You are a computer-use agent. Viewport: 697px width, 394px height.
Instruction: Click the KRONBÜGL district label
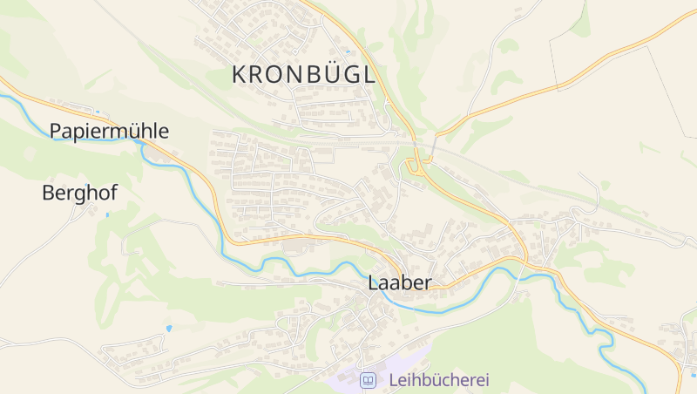click(304, 75)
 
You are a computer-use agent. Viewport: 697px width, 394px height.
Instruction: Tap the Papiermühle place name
click(109, 131)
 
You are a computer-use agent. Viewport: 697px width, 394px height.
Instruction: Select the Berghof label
click(79, 194)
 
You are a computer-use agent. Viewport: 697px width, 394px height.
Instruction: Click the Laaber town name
click(400, 283)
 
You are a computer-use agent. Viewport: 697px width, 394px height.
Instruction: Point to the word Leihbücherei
click(439, 380)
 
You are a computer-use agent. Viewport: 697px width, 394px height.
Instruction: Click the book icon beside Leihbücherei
click(369, 380)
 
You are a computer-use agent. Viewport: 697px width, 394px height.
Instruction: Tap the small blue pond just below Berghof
click(107, 214)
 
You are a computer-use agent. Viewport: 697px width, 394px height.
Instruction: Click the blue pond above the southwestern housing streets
click(169, 329)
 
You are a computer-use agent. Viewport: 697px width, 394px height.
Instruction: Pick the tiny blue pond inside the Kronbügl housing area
click(347, 51)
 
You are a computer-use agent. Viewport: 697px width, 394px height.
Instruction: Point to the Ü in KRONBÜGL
click(320, 75)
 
